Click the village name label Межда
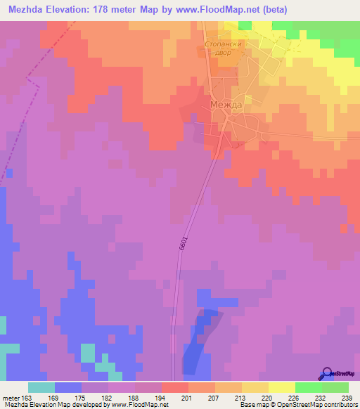(226, 105)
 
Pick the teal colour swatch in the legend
(41, 387)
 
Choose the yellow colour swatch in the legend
(281, 387)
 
